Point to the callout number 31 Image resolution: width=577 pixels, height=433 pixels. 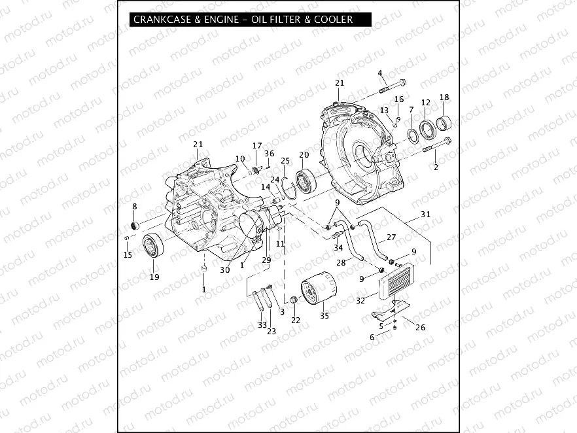pyautogui.click(x=426, y=215)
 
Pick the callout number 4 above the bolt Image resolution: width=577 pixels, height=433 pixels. pyautogui.click(x=380, y=73)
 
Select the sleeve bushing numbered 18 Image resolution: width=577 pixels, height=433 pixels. pyautogui.click(x=444, y=122)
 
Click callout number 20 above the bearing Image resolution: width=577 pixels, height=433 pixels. pyautogui.click(x=304, y=155)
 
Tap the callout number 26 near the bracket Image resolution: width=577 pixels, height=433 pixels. pyautogui.click(x=421, y=327)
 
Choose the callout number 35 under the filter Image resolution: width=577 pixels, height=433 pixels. pyautogui.click(x=324, y=315)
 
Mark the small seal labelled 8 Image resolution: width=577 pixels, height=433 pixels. pyautogui.click(x=135, y=226)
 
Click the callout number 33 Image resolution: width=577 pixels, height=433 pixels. pyautogui.click(x=262, y=324)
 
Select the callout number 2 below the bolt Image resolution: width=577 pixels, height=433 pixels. pyautogui.click(x=436, y=167)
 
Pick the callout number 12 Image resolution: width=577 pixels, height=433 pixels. pyautogui.click(x=426, y=102)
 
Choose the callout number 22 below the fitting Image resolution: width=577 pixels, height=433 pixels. pyautogui.click(x=296, y=320)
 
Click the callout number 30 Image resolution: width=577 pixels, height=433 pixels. pyautogui.click(x=225, y=269)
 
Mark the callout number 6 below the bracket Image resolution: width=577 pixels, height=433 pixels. pyautogui.click(x=372, y=337)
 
